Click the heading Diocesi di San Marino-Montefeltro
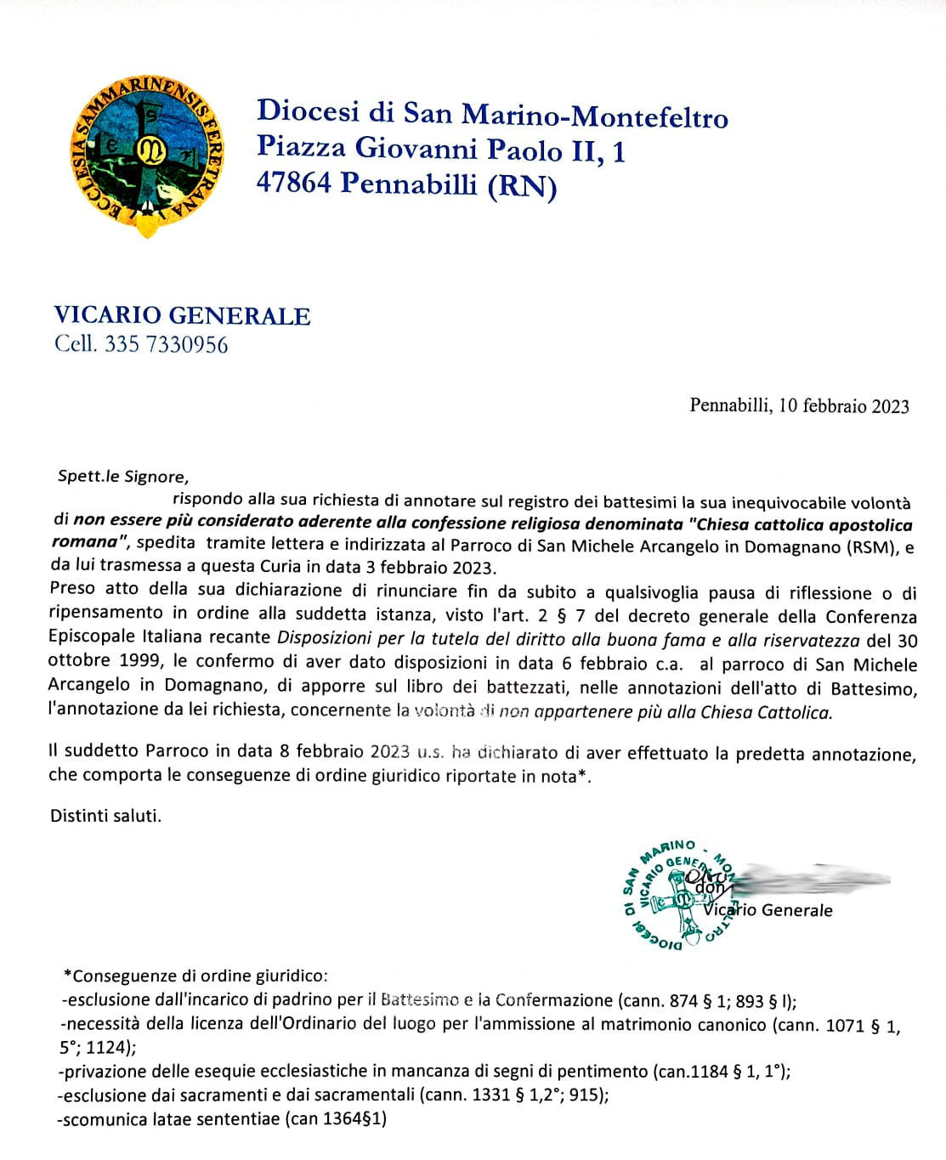pyautogui.click(x=492, y=113)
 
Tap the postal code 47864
pyautogui.click(x=293, y=183)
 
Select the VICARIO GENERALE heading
pyautogui.click(x=182, y=315)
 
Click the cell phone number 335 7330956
pyautogui.click(x=167, y=344)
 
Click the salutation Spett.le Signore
pyautogui.click(x=122, y=476)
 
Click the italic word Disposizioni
pyautogui.click(x=325, y=638)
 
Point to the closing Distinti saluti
pyautogui.click(x=105, y=815)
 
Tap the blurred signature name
pyautogui.click(x=807, y=880)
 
